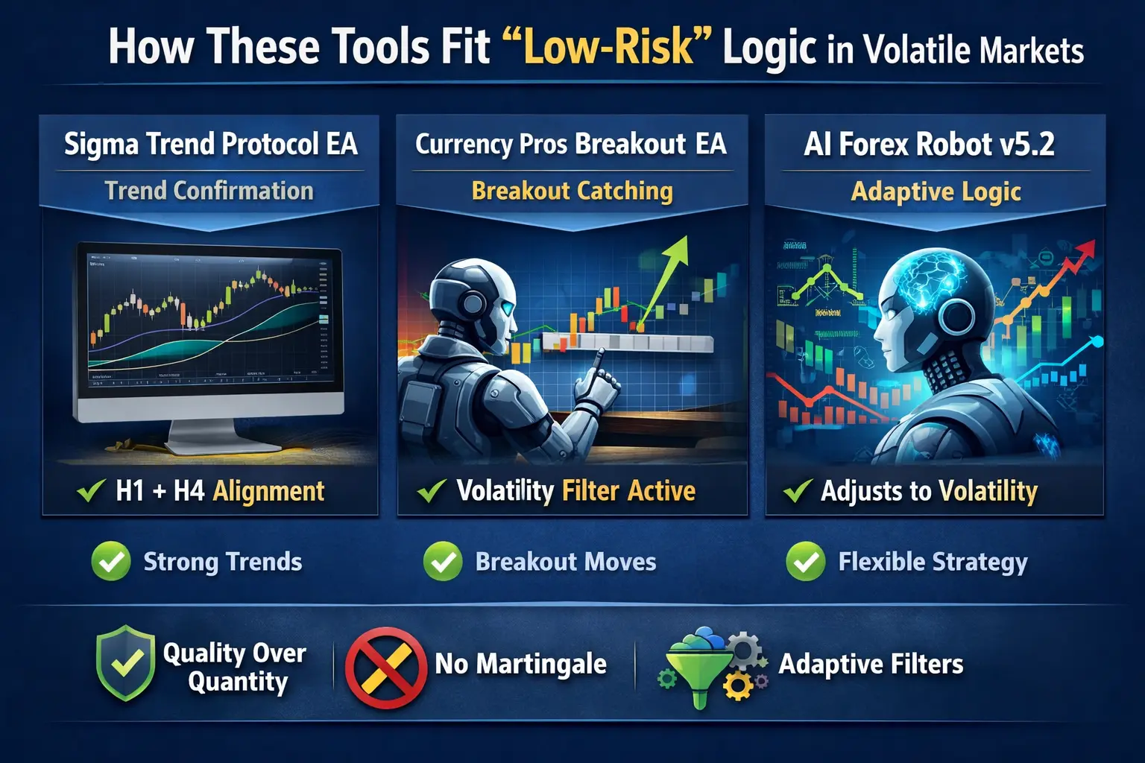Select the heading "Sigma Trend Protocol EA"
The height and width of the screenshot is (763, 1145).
pyautogui.click(x=211, y=144)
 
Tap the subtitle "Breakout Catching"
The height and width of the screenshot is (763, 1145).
pyautogui.click(x=572, y=191)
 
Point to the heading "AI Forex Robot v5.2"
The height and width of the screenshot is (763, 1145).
pyautogui.click(x=929, y=144)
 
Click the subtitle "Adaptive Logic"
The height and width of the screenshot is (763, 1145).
pyautogui.click(x=936, y=191)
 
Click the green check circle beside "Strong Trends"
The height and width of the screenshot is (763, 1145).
pyautogui.click(x=111, y=562)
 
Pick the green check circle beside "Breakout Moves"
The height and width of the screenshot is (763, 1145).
pyautogui.click(x=443, y=562)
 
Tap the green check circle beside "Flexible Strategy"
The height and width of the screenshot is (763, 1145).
pyautogui.click(x=806, y=562)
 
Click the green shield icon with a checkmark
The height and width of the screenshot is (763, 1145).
pyautogui.click(x=126, y=662)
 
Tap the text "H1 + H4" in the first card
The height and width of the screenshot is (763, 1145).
pyautogui.click(x=160, y=491)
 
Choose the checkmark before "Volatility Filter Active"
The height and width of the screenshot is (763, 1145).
pyautogui.click(x=432, y=491)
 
